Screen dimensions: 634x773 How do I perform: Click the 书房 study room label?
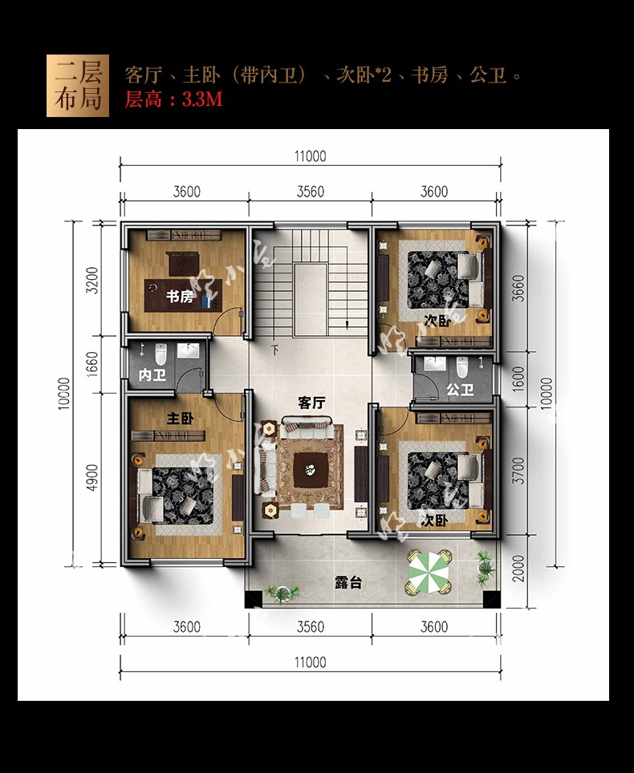pyautogui.click(x=180, y=297)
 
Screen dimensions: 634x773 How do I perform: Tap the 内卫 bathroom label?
pyautogui.click(x=152, y=375)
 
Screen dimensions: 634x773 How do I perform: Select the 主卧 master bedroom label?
pyautogui.click(x=181, y=419)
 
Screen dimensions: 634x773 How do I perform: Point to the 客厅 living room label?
pyautogui.click(x=312, y=403)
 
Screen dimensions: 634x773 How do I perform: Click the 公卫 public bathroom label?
pyautogui.click(x=461, y=390)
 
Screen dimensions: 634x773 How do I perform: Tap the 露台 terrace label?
pyautogui.click(x=348, y=583)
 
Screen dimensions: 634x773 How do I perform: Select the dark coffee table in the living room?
pyautogui.click(x=309, y=470)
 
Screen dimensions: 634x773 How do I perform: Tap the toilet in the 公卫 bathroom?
pyautogui.click(x=461, y=366)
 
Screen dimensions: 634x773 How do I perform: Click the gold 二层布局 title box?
pyautogui.click(x=78, y=86)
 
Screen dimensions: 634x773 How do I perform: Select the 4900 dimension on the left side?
pyautogui.click(x=91, y=478)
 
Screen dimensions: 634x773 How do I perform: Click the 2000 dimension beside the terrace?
pyautogui.click(x=518, y=569)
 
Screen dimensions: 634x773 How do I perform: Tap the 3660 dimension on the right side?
pyautogui.click(x=518, y=288)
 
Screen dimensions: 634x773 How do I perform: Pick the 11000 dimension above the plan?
pyautogui.click(x=311, y=156)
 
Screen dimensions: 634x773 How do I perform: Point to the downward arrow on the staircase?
pyautogui.click(x=347, y=324)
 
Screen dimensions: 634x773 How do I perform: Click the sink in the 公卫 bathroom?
pyautogui.click(x=435, y=364)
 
